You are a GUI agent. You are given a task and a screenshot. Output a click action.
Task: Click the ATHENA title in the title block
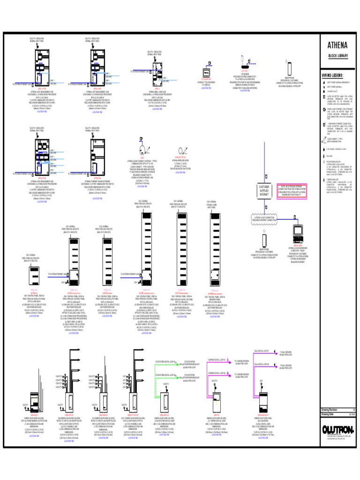tap(337, 45)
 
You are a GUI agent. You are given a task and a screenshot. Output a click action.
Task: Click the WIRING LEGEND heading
tap(332, 75)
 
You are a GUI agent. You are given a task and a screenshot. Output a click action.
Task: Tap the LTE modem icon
tap(244, 61)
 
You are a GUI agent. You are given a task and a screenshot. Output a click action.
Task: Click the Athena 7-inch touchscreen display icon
tap(206, 72)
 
